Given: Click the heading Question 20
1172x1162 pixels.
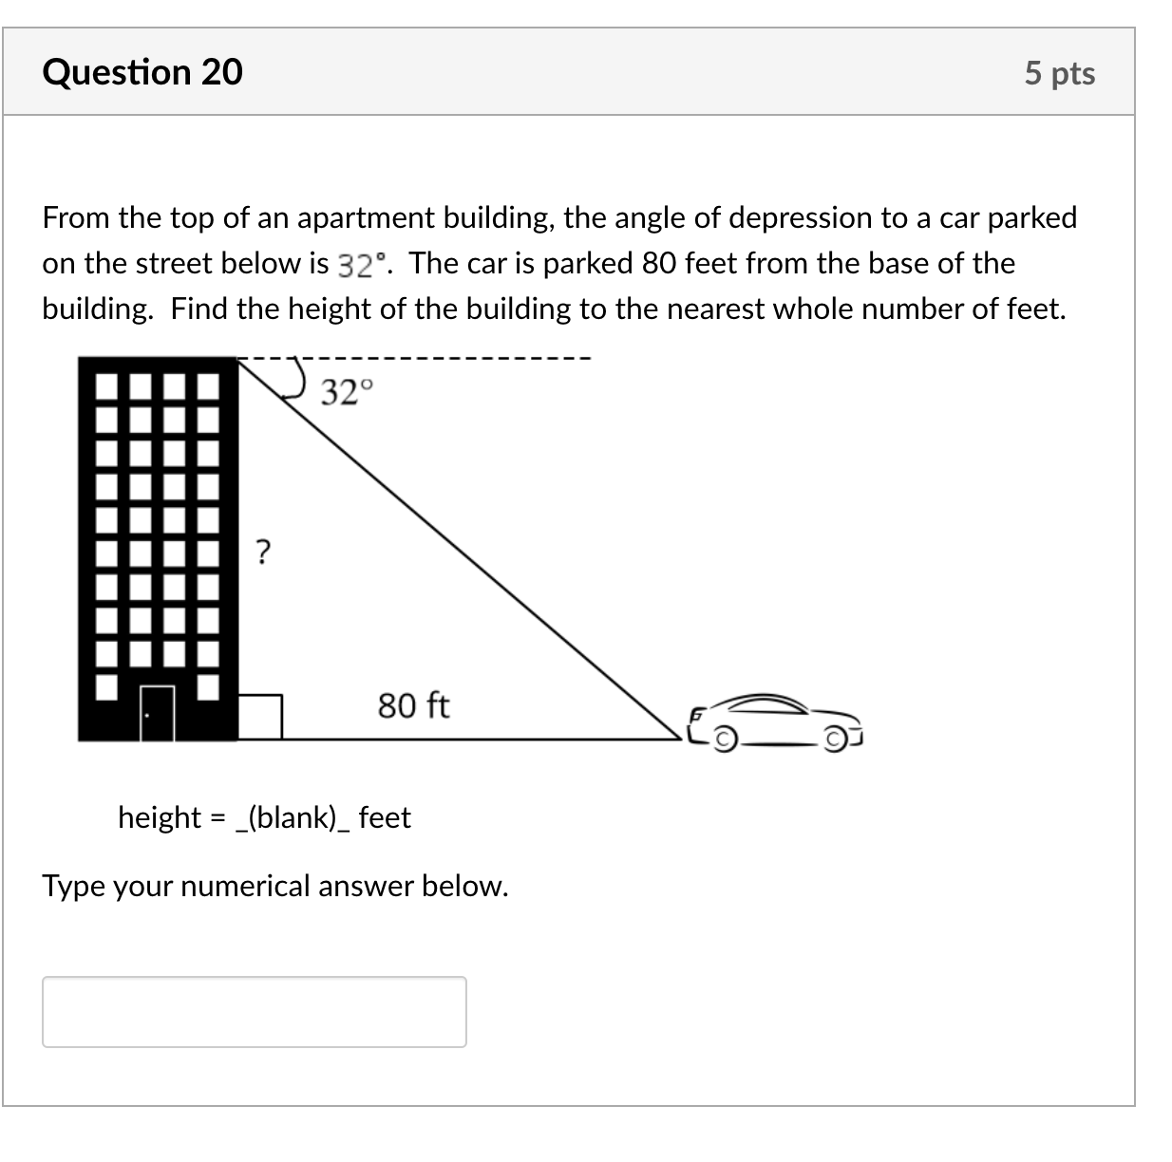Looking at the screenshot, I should click(142, 72).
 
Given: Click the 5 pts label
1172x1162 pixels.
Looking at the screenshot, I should click(1059, 73).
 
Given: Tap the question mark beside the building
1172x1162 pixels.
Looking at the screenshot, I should click(263, 550).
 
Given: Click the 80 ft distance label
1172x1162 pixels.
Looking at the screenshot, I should click(413, 705).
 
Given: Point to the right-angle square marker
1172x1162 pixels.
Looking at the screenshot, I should click(259, 717).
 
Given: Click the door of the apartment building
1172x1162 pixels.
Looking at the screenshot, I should click(158, 712).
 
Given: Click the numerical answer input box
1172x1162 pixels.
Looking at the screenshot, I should click(255, 1012).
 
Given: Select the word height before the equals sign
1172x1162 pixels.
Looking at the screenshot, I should click(160, 817).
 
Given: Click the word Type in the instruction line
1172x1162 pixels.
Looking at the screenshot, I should click(73, 886).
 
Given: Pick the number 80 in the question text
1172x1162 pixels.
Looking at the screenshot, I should click(658, 263).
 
